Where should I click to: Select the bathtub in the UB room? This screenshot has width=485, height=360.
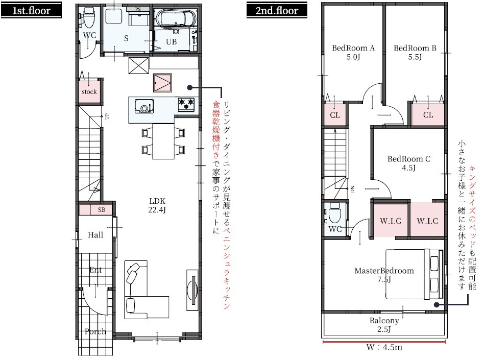pos(174,19)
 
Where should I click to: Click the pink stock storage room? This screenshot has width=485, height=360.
pos(89,92)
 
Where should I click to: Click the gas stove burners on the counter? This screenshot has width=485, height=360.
pos(186,104)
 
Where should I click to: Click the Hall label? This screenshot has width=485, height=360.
pos(95,235)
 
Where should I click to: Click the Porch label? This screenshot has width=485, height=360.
pos(95,331)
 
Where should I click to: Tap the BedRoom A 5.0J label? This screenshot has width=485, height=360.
pos(353,53)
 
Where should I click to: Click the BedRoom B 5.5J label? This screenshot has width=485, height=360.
pos(415,53)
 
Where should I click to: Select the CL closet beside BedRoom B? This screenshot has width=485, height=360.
pos(428,115)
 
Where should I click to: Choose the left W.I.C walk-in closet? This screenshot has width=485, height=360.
pos(391,221)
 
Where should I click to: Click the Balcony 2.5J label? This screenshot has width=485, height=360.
pos(384,325)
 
